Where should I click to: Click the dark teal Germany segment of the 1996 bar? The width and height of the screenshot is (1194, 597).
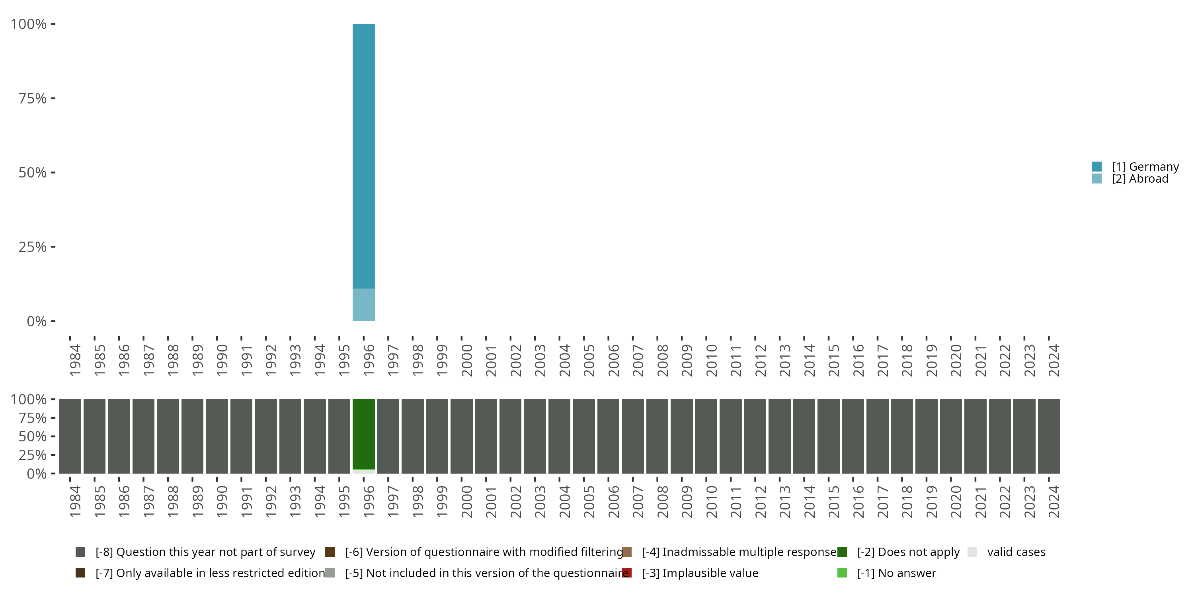pyautogui.click(x=363, y=156)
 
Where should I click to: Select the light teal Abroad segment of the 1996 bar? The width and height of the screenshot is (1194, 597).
pyautogui.click(x=363, y=304)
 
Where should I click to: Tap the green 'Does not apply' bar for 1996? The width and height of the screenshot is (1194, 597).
pyautogui.click(x=363, y=434)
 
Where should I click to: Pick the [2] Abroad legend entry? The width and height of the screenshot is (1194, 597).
pyautogui.click(x=1140, y=179)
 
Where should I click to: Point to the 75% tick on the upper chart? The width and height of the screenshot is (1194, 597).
pyautogui.click(x=33, y=98)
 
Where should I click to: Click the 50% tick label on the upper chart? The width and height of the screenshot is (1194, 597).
pyautogui.click(x=33, y=173)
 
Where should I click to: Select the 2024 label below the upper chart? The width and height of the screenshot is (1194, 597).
pyautogui.click(x=1054, y=360)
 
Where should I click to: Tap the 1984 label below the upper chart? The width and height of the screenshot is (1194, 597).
pyautogui.click(x=75, y=360)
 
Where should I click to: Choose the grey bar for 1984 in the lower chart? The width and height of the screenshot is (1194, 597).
pyautogui.click(x=70, y=436)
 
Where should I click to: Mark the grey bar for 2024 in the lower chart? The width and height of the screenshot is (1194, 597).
pyautogui.click(x=1049, y=436)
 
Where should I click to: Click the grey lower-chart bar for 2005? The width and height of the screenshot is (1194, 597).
pyautogui.click(x=584, y=436)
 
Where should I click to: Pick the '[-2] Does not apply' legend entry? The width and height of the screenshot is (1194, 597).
pyautogui.click(x=907, y=552)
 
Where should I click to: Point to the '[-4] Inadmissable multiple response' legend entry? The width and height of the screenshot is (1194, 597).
pyautogui.click(x=739, y=552)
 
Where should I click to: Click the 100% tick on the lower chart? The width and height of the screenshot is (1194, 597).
pyautogui.click(x=29, y=399)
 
